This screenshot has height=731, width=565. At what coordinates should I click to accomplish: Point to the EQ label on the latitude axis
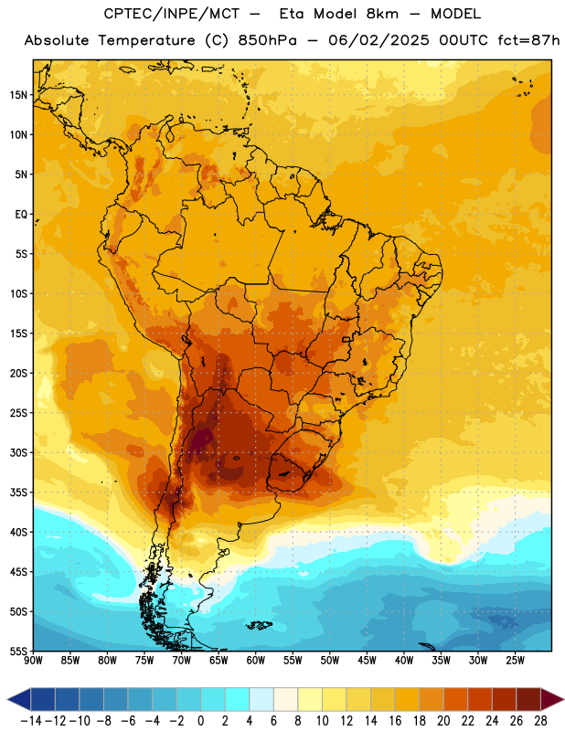[21, 215]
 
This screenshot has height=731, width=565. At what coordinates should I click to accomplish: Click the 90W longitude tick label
[34, 660]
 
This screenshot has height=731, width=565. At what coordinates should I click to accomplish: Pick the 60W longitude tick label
[256, 660]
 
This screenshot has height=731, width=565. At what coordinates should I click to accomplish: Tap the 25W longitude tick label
[515, 660]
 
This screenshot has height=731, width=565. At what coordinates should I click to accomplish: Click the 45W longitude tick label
[367, 660]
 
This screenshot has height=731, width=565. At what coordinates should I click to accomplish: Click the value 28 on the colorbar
[540, 721]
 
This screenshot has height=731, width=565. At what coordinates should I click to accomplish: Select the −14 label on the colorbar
[32, 721]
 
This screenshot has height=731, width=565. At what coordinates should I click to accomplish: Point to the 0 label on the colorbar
[200, 721]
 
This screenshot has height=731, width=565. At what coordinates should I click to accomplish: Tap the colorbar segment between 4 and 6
[261, 700]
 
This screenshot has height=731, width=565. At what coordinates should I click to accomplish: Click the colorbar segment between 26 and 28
[528, 700]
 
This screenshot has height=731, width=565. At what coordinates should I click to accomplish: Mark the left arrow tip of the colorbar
[7, 700]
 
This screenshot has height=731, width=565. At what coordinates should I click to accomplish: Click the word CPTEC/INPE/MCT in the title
[171, 14]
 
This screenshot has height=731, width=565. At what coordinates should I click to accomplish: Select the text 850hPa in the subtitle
[267, 40]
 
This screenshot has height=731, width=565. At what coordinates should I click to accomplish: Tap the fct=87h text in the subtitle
[528, 40]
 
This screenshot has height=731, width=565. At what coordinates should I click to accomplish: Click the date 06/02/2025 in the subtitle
[378, 40]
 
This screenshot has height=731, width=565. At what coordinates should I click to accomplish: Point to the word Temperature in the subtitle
[146, 40]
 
